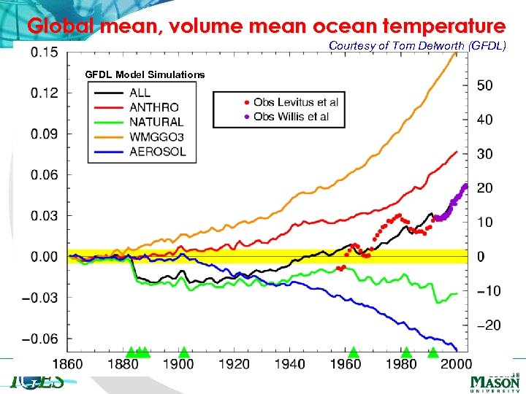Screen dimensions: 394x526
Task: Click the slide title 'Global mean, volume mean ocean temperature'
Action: pos(266,27)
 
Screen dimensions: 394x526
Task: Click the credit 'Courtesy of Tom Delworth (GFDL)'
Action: pos(417,45)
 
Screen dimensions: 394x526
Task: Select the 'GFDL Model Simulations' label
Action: pos(145,74)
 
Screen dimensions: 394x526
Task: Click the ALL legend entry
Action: pos(140,93)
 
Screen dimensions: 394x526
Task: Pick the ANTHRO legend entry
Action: pos(153,107)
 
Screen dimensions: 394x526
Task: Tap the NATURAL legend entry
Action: pos(156,122)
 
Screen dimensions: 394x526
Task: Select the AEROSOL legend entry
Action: pos(157,152)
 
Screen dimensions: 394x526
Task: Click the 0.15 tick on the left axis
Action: pos(45,52)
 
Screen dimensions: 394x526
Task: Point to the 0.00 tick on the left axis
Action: pos(45,257)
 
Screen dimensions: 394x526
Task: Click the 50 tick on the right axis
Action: pos(485,85)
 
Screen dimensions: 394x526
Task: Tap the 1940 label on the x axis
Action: pos(291,364)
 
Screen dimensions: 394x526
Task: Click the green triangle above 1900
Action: pos(184,352)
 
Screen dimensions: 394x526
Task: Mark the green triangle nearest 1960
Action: pos(354,352)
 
